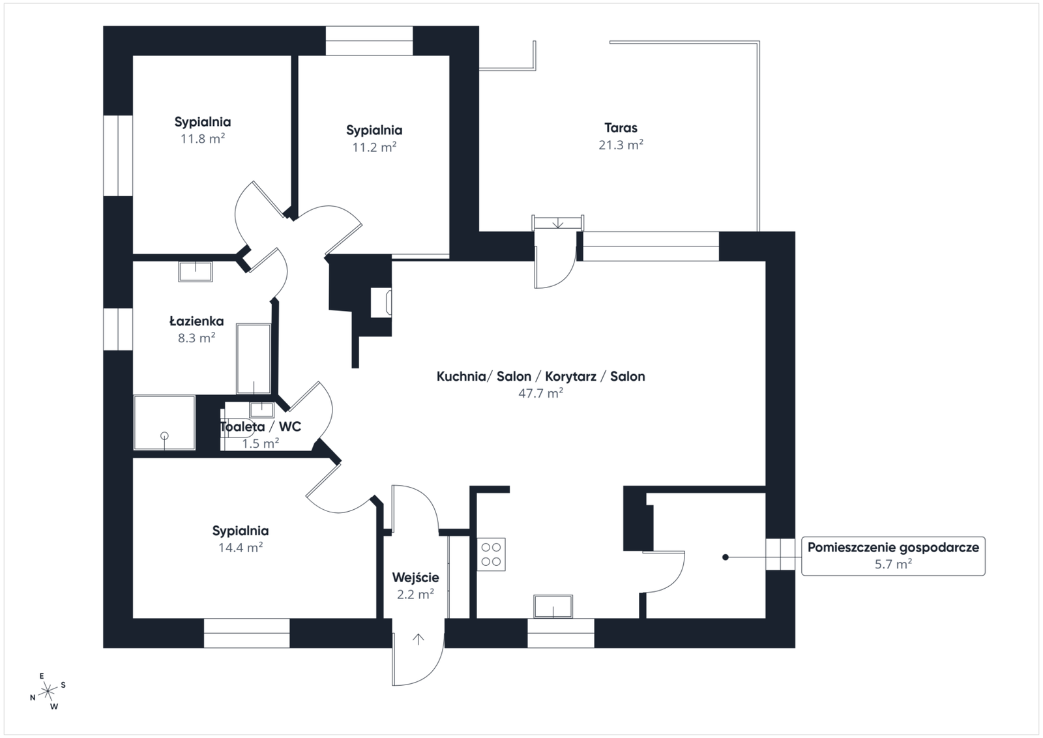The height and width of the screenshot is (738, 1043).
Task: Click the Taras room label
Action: pyautogui.click(x=621, y=128)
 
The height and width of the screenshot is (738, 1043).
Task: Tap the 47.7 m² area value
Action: pyautogui.click(x=540, y=393)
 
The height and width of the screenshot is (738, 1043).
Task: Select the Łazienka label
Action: pyautogui.click(x=196, y=321)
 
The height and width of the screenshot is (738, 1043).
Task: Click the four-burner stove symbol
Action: pyautogui.click(x=491, y=555)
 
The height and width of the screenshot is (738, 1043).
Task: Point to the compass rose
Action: pyautogui.click(x=48, y=692)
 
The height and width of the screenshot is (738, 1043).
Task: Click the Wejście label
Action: pyautogui.click(x=415, y=578)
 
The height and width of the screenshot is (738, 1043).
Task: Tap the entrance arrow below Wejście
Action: pyautogui.click(x=419, y=640)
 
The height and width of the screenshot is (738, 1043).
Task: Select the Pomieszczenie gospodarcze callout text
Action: pyautogui.click(x=893, y=548)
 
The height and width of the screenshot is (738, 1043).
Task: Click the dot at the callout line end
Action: pyautogui.click(x=725, y=557)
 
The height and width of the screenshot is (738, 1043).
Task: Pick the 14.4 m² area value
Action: pyautogui.click(x=241, y=548)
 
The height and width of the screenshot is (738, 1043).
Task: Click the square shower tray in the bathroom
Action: pyautogui.click(x=164, y=422)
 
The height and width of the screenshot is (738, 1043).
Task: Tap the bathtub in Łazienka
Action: pyautogui.click(x=254, y=359)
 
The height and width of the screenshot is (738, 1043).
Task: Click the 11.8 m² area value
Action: pyautogui.click(x=203, y=139)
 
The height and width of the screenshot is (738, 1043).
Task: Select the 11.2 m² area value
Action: pyautogui.click(x=374, y=147)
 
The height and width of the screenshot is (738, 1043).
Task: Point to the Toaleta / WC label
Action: pyautogui.click(x=260, y=426)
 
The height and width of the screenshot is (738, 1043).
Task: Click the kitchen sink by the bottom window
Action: pyautogui.click(x=553, y=606)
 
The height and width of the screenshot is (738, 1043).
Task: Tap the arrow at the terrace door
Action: pyautogui.click(x=558, y=224)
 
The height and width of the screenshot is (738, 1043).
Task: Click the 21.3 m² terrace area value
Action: pyautogui.click(x=621, y=145)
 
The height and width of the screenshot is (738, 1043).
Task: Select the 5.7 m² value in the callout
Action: pyautogui.click(x=893, y=565)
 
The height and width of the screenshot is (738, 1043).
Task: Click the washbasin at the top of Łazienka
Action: pyautogui.click(x=196, y=271)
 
